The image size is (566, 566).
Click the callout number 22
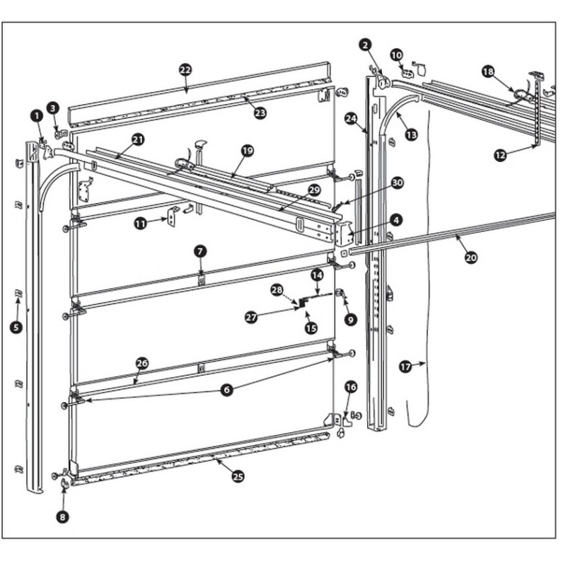[x=185, y=70]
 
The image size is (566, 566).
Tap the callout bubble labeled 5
[x=16, y=327]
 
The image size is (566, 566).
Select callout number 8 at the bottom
[x=62, y=517]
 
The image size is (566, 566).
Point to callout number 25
[x=238, y=476]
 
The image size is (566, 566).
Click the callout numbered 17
[x=405, y=366]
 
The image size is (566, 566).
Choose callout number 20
[x=471, y=258]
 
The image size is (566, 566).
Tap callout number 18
[x=487, y=71]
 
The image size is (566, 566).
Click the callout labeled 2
[x=365, y=45]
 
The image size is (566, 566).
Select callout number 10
[x=396, y=54]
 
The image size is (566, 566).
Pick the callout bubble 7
[x=201, y=251]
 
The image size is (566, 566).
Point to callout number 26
[x=141, y=363]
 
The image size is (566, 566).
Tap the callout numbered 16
[x=351, y=386]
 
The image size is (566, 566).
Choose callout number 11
[x=141, y=223]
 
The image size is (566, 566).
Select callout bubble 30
[x=398, y=182]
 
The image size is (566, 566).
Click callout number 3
[x=53, y=108]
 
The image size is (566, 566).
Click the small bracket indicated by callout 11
[x=172, y=215]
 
